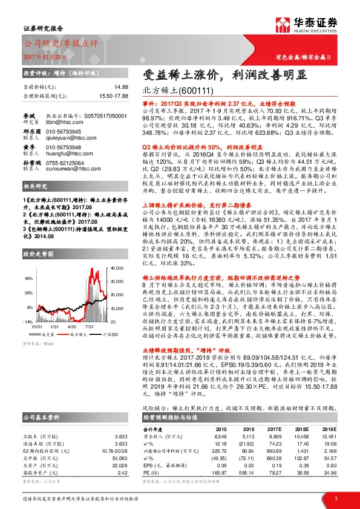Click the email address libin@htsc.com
[61, 122]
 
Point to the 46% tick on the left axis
[28, 278]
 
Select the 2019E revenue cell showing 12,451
[328, 437]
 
